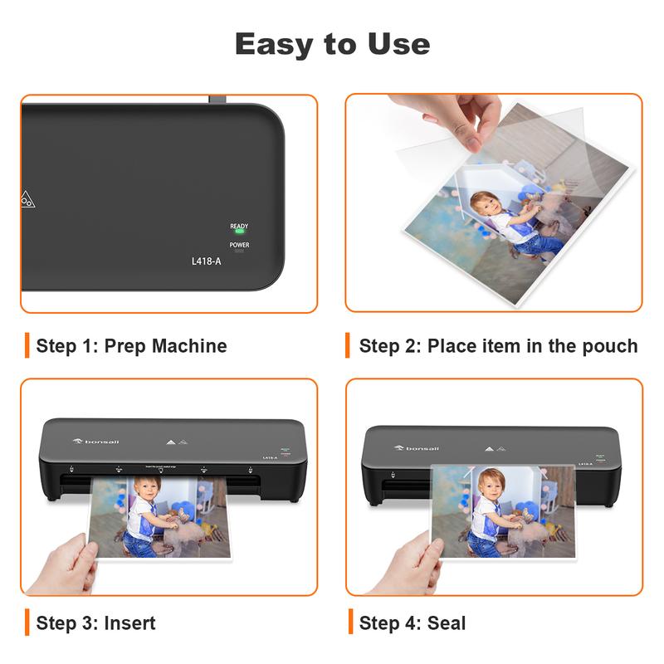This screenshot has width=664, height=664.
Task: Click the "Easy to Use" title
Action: tap(332, 43)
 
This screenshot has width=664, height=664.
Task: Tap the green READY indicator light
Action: tap(239, 232)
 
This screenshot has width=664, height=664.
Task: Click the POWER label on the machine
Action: tap(239, 245)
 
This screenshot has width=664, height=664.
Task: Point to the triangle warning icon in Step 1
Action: tap(28, 199)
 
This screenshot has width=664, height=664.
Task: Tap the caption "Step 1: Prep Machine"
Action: tap(131, 346)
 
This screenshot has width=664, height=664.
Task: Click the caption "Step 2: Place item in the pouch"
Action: tap(498, 346)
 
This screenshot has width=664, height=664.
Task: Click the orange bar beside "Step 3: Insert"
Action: tap(27, 622)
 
